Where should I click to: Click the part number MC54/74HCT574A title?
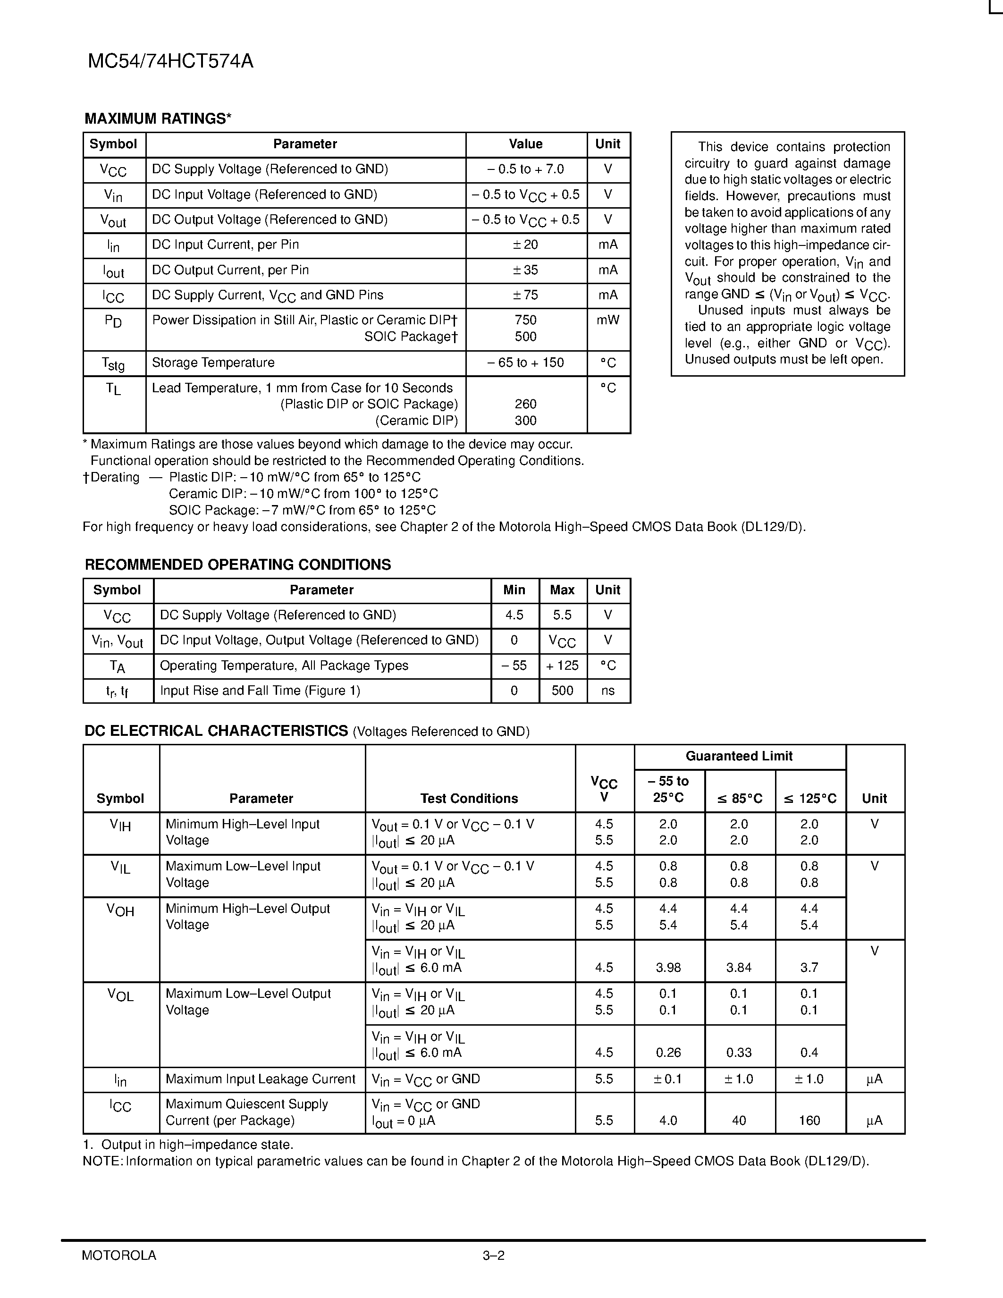(170, 61)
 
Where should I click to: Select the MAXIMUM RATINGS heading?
(158, 119)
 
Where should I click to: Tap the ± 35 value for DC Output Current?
(525, 270)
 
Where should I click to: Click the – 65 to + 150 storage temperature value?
(525, 362)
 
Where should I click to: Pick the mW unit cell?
(608, 320)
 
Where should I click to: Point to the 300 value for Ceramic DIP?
(525, 421)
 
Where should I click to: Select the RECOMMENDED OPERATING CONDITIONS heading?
(238, 565)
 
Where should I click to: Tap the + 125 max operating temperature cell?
(562, 666)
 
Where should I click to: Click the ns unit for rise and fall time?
(608, 691)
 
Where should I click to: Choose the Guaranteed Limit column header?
(739, 756)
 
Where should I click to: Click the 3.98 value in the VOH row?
(668, 968)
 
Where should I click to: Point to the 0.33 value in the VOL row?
(739, 1053)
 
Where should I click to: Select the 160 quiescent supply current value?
(809, 1121)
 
